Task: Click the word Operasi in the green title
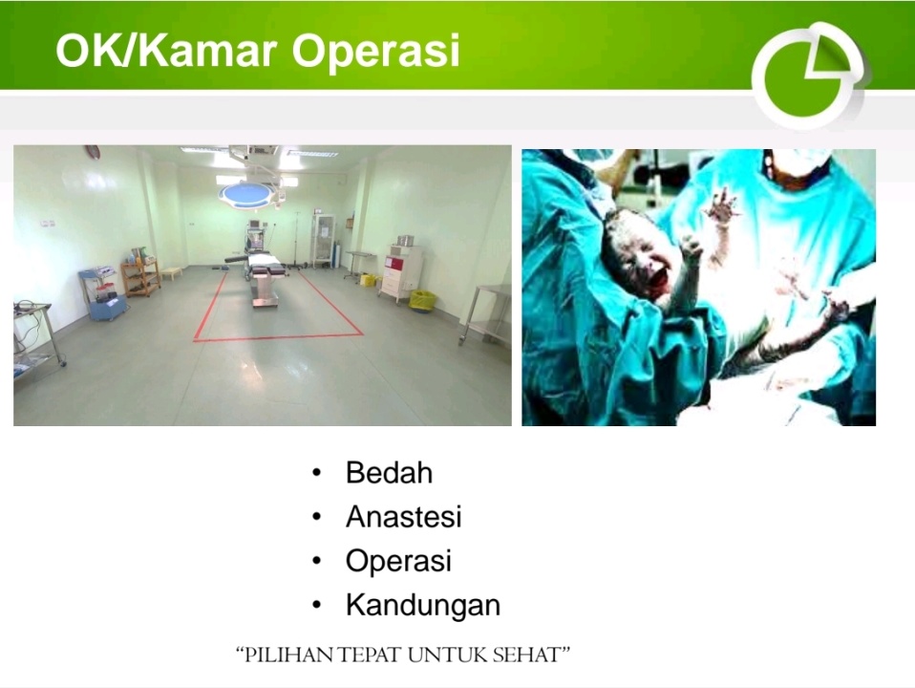(375, 51)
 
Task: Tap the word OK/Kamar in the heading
(166, 50)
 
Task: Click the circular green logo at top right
(808, 75)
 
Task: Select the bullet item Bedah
(390, 472)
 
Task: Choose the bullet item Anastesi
(404, 516)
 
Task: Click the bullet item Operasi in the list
(398, 561)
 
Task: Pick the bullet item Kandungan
(423, 605)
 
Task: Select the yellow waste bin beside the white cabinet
(422, 300)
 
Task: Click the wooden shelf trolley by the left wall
(140, 277)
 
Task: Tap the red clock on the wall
(93, 151)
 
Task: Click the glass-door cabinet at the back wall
(324, 240)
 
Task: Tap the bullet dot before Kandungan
(317, 605)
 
